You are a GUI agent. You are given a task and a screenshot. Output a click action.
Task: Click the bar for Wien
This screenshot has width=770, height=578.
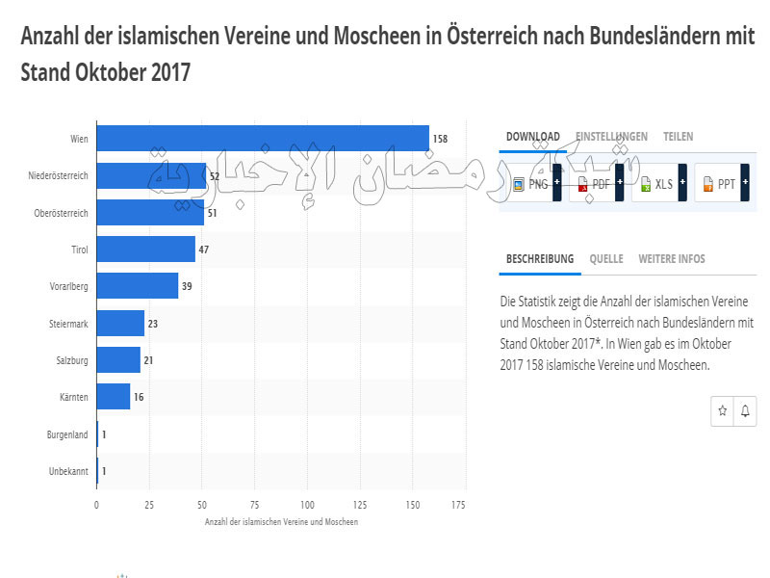263,139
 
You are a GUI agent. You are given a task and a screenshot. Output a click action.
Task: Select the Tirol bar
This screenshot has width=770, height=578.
145,250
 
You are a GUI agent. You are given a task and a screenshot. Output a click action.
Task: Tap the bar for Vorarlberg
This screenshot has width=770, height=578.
138,286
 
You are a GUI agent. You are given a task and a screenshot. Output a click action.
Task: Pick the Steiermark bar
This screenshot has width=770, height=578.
120,324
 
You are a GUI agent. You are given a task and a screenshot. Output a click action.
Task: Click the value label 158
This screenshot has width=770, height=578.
440,139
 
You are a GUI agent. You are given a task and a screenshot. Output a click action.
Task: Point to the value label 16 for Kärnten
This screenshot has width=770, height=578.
139,397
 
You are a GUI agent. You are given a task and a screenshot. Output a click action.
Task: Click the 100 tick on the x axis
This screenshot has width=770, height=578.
307,504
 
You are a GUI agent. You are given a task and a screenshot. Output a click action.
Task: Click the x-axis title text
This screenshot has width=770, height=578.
281,521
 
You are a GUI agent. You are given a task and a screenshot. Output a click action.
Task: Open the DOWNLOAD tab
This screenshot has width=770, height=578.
532,137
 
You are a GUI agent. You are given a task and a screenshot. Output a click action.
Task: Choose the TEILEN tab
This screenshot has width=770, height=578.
678,137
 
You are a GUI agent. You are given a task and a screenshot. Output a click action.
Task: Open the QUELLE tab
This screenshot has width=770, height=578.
606,259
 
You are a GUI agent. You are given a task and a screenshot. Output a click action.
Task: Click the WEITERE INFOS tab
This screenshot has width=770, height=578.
671,259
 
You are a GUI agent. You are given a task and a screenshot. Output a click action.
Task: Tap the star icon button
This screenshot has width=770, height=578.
723,411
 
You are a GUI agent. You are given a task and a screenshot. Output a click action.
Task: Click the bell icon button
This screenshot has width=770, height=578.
744,411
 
